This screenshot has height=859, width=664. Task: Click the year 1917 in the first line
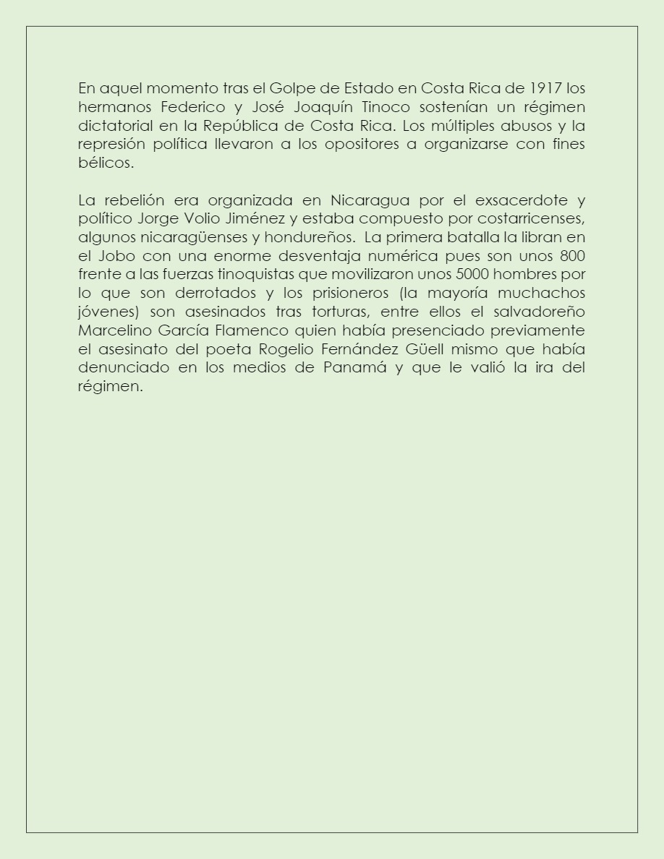tap(545, 89)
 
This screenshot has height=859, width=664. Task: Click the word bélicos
tap(106, 163)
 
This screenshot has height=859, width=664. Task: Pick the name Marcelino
tap(113, 330)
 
